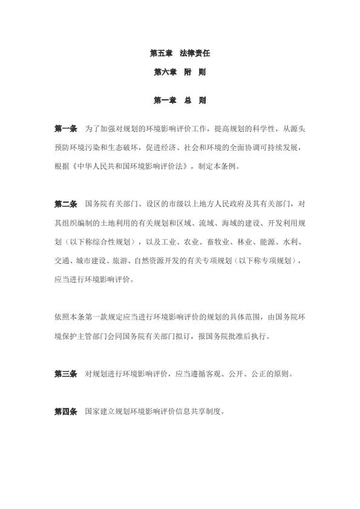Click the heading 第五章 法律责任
(180, 53)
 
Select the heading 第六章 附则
(180, 72)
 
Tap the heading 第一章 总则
(180, 100)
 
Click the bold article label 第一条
(65, 128)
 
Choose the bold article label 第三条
(65, 374)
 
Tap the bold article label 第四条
(65, 412)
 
